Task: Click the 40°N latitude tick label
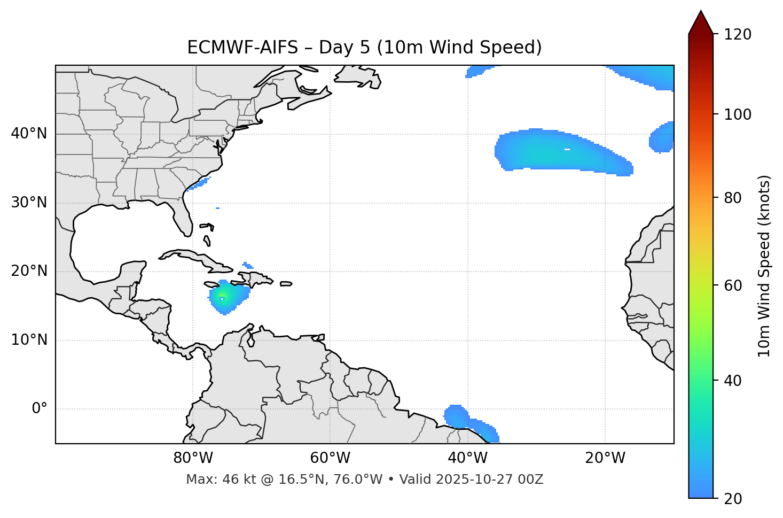[x=29, y=134]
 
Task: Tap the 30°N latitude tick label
[x=29, y=203]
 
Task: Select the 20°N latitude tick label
[x=29, y=271]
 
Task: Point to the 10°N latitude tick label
[x=29, y=340]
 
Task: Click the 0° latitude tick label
[x=40, y=409]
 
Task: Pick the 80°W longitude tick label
[x=193, y=458]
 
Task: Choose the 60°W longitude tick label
[x=330, y=458]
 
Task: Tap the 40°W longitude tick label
[x=467, y=458]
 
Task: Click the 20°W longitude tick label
[x=605, y=458]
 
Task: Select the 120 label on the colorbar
[x=739, y=35]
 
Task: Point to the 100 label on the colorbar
[x=739, y=114]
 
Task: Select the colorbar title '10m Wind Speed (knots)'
[x=764, y=266]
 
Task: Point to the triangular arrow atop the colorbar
[x=701, y=22]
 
